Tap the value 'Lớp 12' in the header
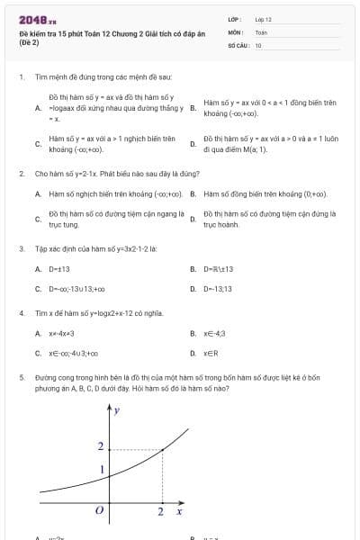tap(263, 18)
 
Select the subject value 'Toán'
tap(261, 31)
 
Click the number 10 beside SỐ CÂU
tap(258, 43)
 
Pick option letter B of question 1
tap(193, 107)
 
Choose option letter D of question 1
tap(193, 144)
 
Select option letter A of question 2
tap(38, 193)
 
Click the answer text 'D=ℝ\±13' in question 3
tap(219, 268)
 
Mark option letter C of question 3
tap(38, 289)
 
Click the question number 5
tap(21, 379)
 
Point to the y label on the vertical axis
tap(117, 410)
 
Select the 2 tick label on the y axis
tap(100, 446)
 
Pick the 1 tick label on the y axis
tap(100, 470)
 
